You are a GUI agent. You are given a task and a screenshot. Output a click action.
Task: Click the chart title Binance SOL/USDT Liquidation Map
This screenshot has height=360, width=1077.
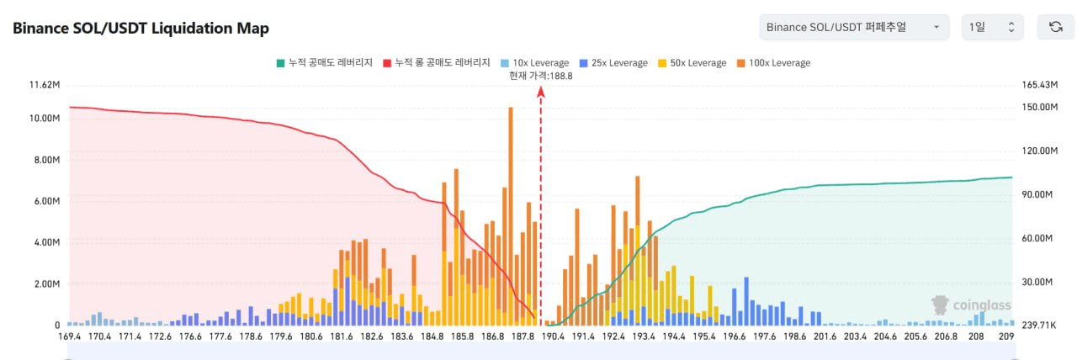(141, 28)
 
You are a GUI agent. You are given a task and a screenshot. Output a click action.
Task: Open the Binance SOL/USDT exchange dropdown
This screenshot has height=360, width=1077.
(853, 27)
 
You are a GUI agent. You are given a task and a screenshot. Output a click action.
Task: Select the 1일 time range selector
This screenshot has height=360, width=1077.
(992, 27)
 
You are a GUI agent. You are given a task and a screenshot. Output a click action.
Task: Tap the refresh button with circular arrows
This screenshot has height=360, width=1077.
(1055, 27)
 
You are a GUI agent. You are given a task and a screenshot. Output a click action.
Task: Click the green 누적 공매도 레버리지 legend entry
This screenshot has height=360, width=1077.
(325, 63)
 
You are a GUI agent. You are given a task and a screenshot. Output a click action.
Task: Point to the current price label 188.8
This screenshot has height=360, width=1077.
(540, 76)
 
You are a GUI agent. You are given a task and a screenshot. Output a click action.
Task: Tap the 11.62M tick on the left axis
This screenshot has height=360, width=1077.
(44, 85)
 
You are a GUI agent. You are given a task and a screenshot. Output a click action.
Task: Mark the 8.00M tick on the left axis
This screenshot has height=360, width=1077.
(45, 160)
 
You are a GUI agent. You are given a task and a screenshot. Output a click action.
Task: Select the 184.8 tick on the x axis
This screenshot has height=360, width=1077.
(432, 336)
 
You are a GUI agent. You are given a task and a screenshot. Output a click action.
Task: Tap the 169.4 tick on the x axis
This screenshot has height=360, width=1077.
(69, 336)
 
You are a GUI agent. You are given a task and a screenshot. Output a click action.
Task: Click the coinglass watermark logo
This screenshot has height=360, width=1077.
(971, 304)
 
